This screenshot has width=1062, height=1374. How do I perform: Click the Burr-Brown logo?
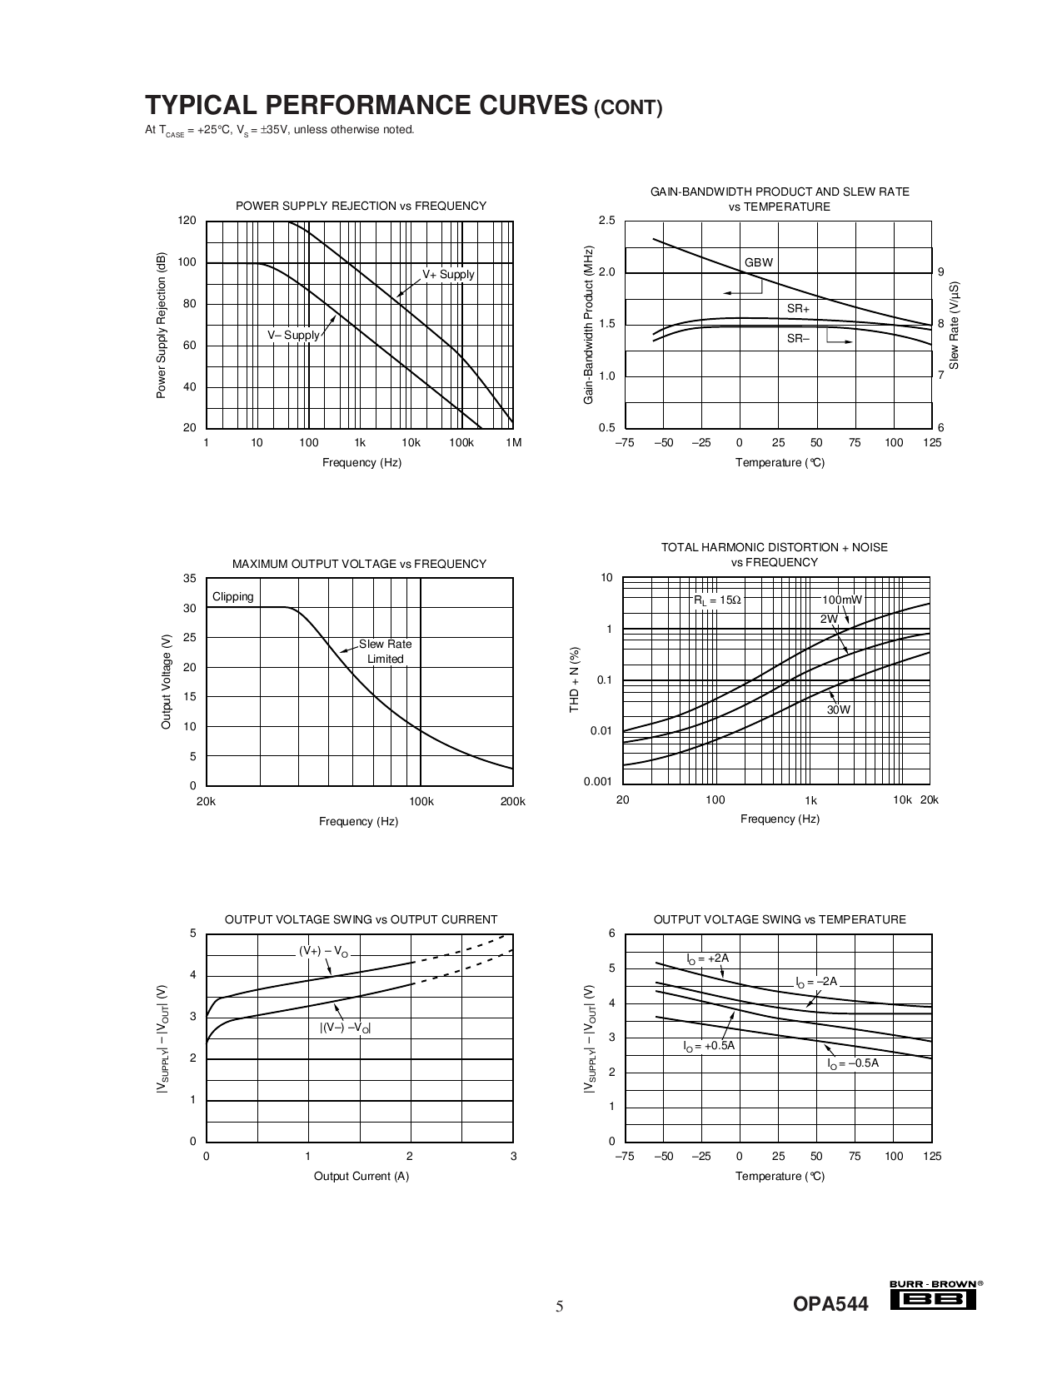[935, 1295]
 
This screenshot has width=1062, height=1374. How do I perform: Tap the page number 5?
[560, 1306]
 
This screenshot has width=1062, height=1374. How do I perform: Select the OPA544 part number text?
[830, 1305]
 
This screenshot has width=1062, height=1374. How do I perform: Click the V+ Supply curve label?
[448, 275]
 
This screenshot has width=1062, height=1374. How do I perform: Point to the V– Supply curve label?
[293, 336]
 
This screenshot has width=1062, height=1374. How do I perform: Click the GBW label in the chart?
[758, 262]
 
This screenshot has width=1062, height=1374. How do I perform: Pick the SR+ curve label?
[798, 309]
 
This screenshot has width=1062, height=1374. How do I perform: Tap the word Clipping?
[233, 596]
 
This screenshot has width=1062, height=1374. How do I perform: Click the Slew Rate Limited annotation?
[385, 651]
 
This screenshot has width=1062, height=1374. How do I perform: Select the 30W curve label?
[839, 710]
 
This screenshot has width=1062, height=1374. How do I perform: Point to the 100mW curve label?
[842, 600]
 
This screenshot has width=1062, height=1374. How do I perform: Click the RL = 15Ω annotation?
[717, 600]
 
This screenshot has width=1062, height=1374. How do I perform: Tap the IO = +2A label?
[707, 958]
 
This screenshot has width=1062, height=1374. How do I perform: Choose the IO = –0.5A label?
[853, 1063]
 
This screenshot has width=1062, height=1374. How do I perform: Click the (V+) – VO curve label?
[324, 951]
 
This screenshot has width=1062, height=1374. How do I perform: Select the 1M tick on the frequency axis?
[513, 443]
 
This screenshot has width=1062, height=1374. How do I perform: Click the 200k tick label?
[513, 802]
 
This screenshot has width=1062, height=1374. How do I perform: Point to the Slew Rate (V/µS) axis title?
[955, 325]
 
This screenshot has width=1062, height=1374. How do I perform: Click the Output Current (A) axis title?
[361, 1176]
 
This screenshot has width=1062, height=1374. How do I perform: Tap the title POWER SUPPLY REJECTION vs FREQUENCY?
[361, 206]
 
